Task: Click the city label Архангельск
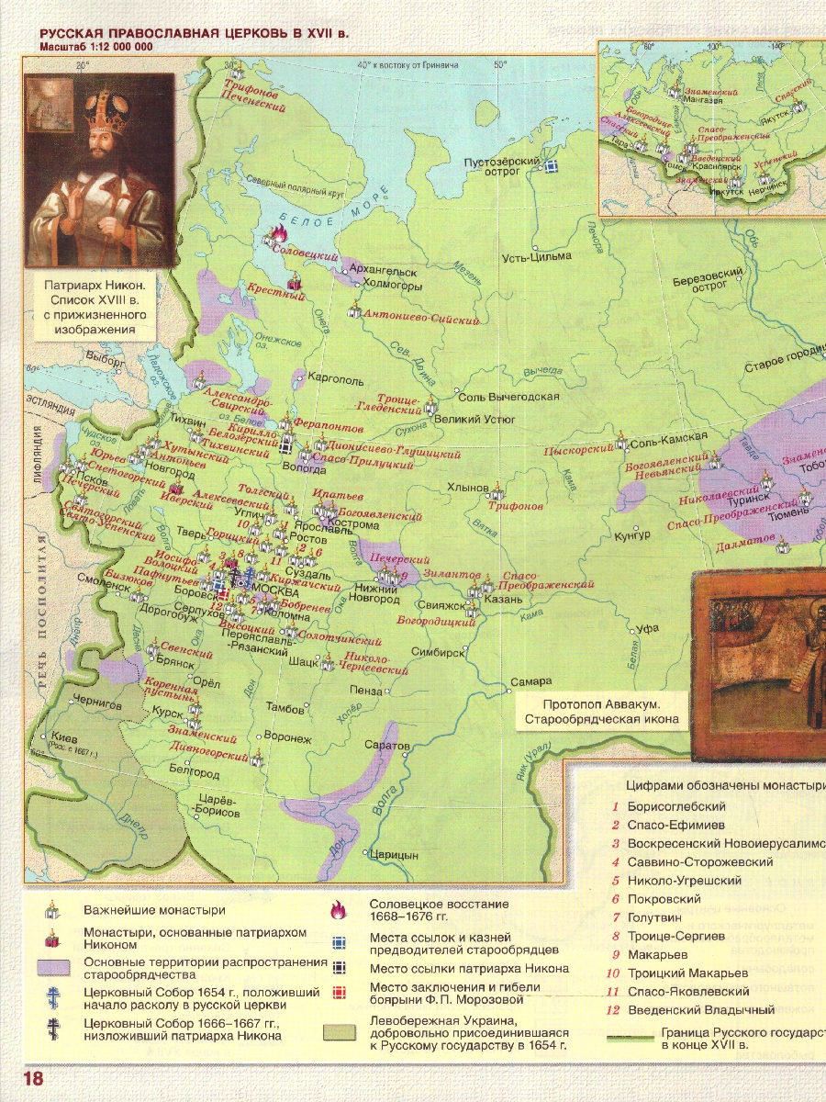pos(384,272)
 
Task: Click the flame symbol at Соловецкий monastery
pos(273,237)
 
